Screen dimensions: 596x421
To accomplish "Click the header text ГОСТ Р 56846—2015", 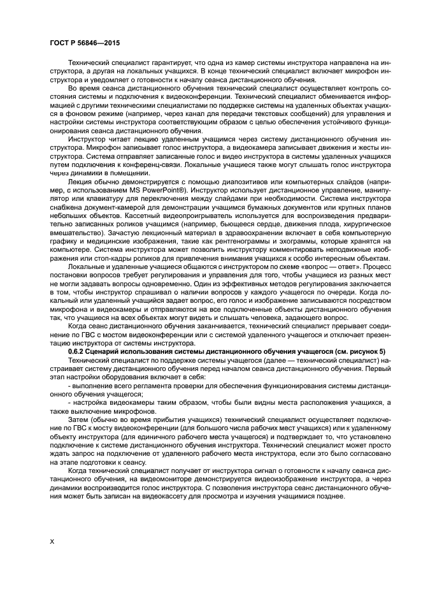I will (x=80, y=44).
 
